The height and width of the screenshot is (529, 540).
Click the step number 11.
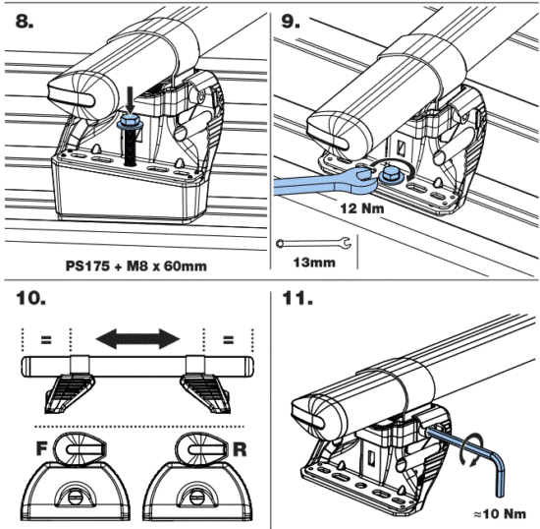tap(296, 296)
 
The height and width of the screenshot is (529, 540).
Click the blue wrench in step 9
tap(314, 184)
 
